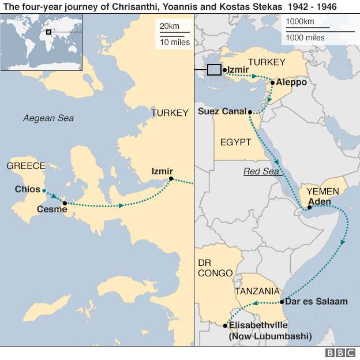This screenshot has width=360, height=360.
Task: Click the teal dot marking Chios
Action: (44, 190)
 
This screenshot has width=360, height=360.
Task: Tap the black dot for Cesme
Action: (65, 203)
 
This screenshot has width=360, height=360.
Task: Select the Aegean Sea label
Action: (48, 118)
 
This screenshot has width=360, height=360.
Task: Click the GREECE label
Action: (25, 166)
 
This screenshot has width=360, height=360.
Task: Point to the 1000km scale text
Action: (300, 22)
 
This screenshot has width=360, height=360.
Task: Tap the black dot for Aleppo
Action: (272, 82)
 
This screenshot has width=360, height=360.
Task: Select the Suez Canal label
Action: (221, 111)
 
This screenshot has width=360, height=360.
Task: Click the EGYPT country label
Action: (235, 142)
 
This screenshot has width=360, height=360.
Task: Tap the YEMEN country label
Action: (322, 191)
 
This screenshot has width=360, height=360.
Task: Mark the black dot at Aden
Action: (309, 208)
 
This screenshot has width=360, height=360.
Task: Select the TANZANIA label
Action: (257, 291)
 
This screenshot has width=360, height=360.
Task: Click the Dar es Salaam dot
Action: (281, 302)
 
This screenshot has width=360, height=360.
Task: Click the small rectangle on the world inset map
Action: (48, 31)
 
